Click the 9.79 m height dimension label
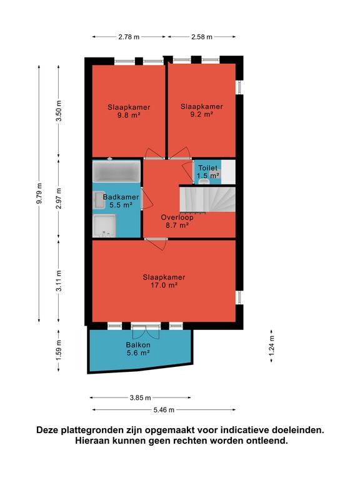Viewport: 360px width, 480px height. pos(39,193)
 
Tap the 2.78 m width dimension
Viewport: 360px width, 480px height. pos(129,37)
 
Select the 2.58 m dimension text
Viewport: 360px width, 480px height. pos(202,37)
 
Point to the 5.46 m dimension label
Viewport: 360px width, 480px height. pos(164,410)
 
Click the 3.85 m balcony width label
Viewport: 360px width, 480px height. pos(140,398)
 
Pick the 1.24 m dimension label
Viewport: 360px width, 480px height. pos(271,346)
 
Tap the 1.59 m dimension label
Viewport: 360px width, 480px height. pos(59,350)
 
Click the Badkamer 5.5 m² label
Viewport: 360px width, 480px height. pos(121,201)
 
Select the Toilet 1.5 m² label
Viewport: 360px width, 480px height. pos(208,172)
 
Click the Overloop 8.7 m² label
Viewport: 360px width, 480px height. pos(177,221)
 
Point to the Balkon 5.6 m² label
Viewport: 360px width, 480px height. pos(138,349)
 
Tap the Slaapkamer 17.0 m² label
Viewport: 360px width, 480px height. pos(164,281)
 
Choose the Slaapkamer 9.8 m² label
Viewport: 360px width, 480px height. pos(129,111)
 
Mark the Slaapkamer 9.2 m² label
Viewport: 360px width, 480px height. pos(201,110)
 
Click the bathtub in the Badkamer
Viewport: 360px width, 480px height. pos(116,171)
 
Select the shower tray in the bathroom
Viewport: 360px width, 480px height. pos(104,226)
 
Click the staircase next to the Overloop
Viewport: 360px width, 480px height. pos(207,199)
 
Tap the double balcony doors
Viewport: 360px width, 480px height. pos(146,331)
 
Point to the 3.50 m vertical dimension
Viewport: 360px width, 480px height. pos(59,111)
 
